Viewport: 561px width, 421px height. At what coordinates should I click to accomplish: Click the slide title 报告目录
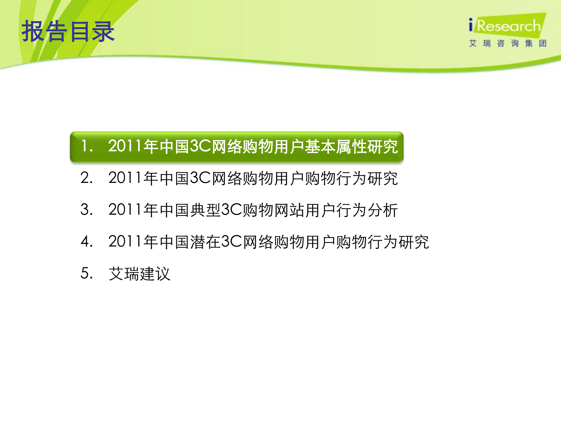coord(68,31)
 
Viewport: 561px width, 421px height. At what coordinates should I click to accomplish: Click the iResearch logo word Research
coord(509,26)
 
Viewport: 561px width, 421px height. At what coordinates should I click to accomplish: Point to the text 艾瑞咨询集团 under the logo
coord(508,44)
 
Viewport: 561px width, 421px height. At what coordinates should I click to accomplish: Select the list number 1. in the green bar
coord(87,146)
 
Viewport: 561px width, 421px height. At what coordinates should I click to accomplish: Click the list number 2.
coord(87,178)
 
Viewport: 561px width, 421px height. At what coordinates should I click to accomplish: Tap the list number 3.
coord(87,210)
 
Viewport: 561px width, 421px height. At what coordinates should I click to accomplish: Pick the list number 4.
coord(87,242)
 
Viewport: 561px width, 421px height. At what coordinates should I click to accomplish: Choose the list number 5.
coord(87,274)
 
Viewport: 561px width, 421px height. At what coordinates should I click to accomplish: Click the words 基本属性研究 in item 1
coord(351,146)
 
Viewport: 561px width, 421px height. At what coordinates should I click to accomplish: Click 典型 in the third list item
coord(205,210)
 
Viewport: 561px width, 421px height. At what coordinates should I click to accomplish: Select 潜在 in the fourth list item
coord(205,242)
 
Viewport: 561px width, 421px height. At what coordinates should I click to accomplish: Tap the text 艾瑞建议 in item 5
coord(139,274)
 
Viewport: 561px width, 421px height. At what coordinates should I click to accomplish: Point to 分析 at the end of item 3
coord(383,210)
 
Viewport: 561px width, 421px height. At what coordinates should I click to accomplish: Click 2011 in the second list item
coord(125,178)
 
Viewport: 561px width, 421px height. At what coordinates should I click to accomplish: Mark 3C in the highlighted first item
coord(200,146)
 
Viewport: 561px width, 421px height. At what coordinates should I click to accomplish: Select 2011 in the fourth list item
coord(125,242)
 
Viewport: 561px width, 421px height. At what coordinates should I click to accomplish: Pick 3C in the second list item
coord(200,178)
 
